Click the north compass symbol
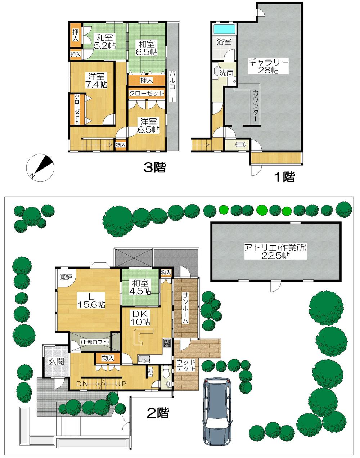tap(41, 167)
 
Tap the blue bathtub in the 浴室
tap(224, 28)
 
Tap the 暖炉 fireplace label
tap(66, 277)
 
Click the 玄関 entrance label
tap(57, 360)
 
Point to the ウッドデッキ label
tap(186, 365)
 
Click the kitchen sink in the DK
tap(144, 359)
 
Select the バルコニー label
tap(172, 86)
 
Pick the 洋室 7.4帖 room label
tap(96, 80)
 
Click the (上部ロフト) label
tap(94, 342)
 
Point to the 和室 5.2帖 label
tap(104, 41)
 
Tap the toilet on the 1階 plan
tap(239, 144)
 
